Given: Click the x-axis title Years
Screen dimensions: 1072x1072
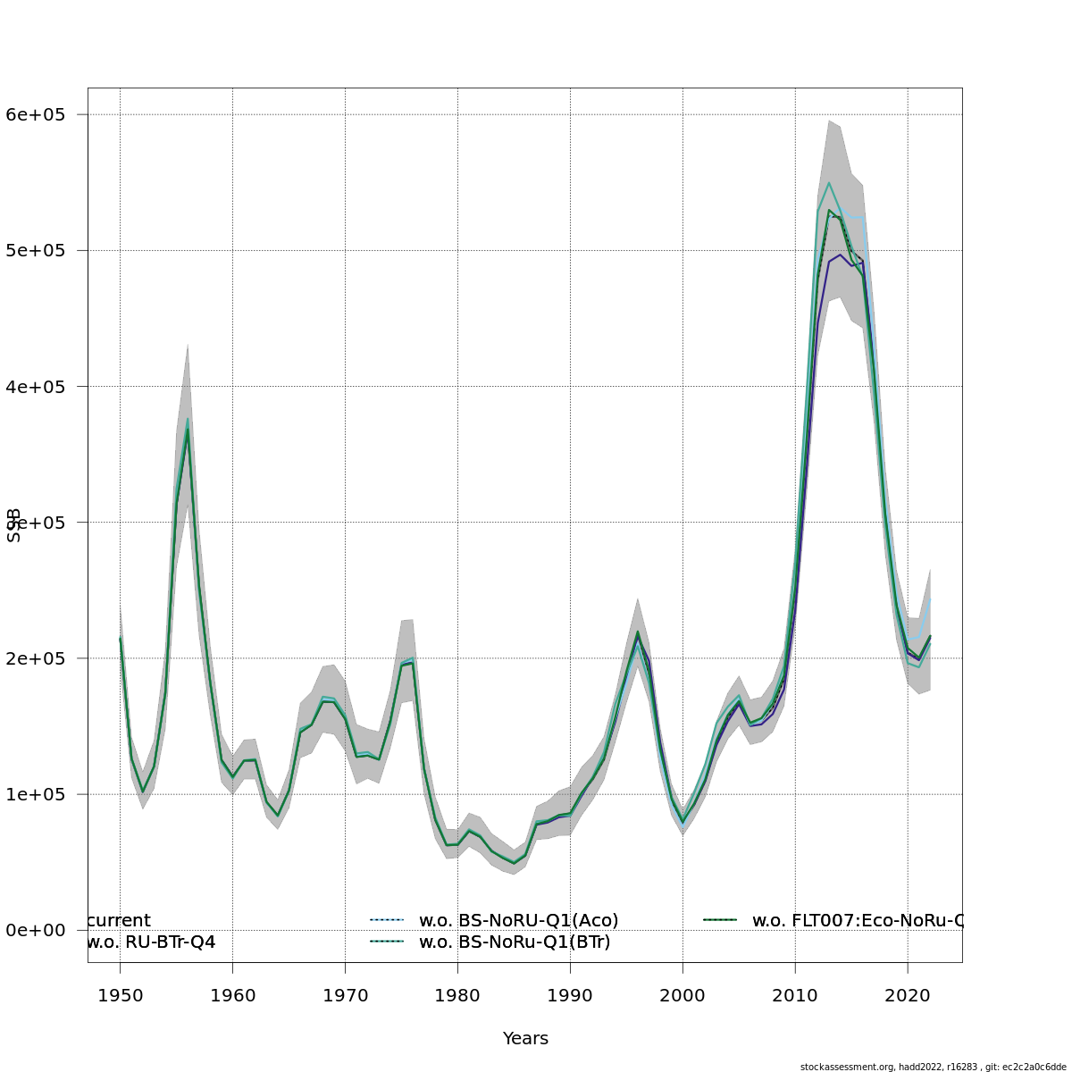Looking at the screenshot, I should pyautogui.click(x=525, y=1039).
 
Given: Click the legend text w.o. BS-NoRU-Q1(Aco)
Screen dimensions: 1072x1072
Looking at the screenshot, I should pyautogui.click(x=518, y=920).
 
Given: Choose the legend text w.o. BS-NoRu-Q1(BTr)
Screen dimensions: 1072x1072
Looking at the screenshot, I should pyautogui.click(x=515, y=942).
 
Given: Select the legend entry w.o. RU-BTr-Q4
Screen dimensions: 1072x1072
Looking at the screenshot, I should pyautogui.click(x=152, y=942).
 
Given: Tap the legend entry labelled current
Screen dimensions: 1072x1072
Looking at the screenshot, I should pyautogui.click(x=120, y=920).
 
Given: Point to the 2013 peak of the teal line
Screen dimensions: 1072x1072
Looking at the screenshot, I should pyautogui.click(x=829, y=183).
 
